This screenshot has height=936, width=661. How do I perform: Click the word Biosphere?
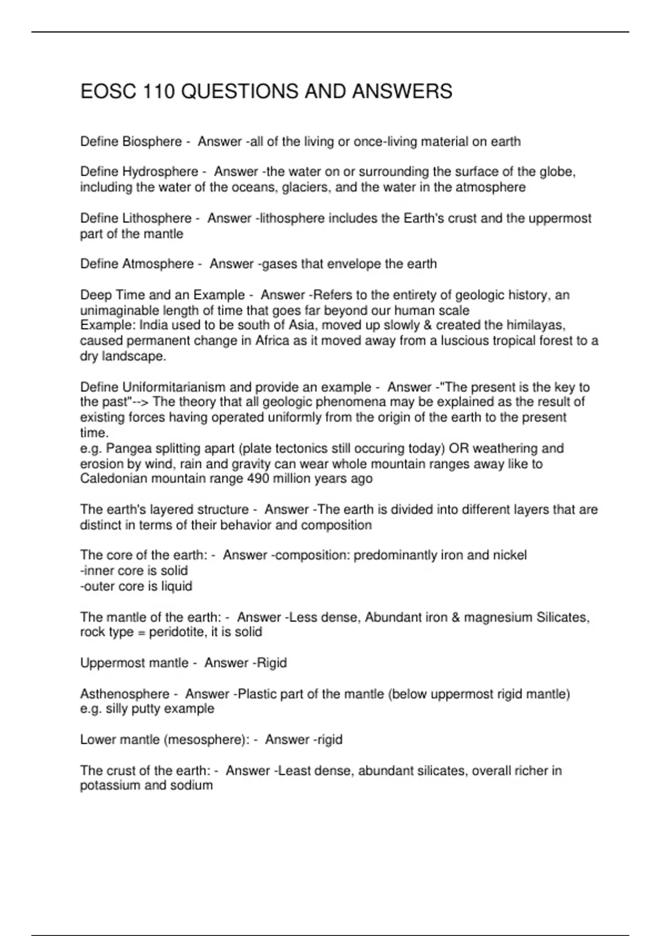click(x=152, y=142)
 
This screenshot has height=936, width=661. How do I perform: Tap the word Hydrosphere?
click(x=160, y=172)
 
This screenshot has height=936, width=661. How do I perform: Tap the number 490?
click(x=258, y=478)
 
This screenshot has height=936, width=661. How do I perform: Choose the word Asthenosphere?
click(x=124, y=694)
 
